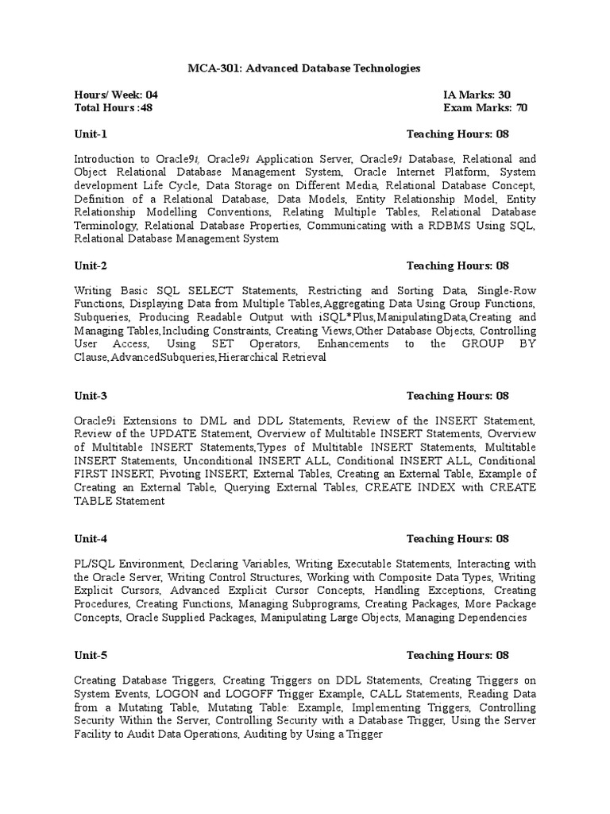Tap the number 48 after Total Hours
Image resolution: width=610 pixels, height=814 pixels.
coord(145,108)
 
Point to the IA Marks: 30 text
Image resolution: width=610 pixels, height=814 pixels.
coord(477,95)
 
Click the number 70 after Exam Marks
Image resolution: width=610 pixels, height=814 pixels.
coord(521,108)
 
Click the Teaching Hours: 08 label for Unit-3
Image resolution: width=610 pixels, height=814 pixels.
coord(457,396)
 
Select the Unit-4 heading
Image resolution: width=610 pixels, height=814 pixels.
coord(91,539)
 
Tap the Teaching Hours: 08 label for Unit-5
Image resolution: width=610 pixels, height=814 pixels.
coord(457,656)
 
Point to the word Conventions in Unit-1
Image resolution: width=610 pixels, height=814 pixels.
coord(230,212)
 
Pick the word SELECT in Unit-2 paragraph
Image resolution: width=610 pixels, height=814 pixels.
coord(210,290)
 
